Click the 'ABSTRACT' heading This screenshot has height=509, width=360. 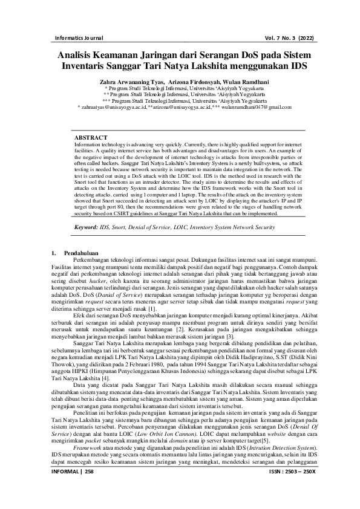pos(91,138)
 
